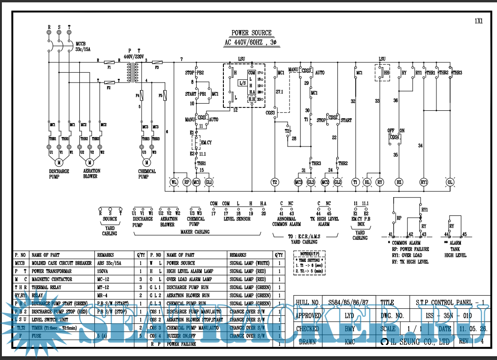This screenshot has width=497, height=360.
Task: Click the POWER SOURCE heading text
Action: point(252,33)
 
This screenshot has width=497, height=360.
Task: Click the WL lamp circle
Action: point(174,182)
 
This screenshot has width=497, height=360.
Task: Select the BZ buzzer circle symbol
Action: point(399,182)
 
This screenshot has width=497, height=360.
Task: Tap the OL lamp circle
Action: point(450,182)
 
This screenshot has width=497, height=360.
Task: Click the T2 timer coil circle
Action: point(275,182)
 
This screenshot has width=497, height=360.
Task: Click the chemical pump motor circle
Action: point(146,162)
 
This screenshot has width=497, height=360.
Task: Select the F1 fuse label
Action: point(109,68)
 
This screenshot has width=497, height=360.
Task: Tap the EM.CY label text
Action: point(206,142)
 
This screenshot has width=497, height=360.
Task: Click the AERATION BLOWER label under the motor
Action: point(90,174)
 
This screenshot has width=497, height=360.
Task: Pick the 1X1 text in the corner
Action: point(479,21)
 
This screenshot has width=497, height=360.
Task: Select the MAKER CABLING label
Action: point(195,231)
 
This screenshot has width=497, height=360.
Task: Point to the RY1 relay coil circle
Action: point(424,182)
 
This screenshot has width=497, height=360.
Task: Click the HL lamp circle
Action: point(367,182)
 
